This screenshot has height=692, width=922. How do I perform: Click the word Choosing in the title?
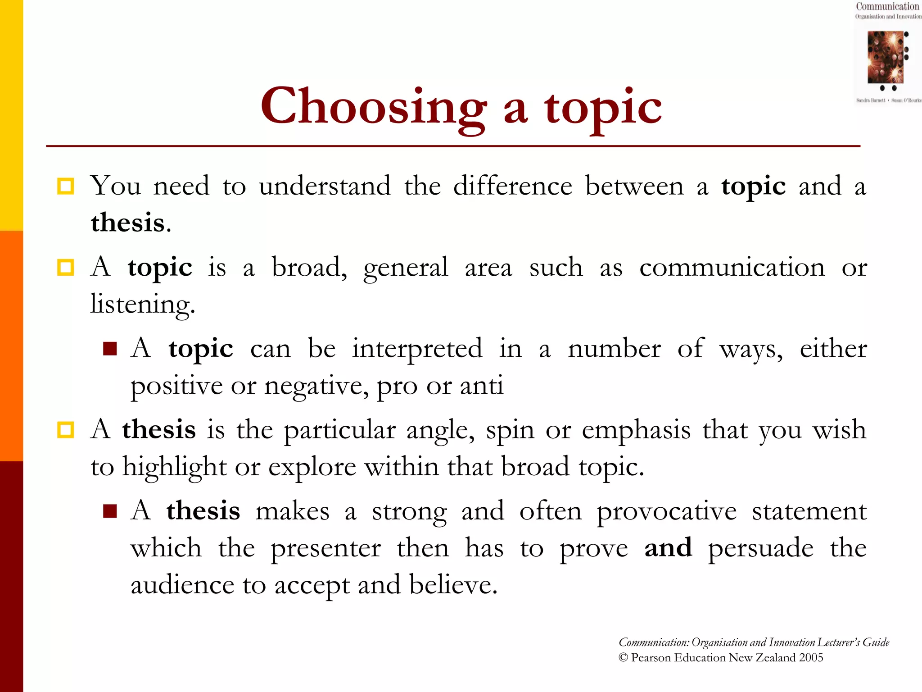(x=374, y=107)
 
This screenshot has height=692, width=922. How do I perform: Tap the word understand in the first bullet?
(x=325, y=186)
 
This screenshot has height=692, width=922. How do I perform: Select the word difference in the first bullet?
(x=512, y=186)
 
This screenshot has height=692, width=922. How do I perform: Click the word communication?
(x=732, y=268)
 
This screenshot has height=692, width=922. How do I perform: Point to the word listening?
(x=142, y=305)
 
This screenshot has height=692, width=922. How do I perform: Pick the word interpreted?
(x=417, y=349)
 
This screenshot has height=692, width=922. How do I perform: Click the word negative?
(x=316, y=386)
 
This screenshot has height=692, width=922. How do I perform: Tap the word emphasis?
(x=636, y=430)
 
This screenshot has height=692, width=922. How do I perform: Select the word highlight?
(x=174, y=467)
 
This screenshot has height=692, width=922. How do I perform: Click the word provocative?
(x=666, y=512)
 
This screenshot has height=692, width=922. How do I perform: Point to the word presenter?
(x=325, y=548)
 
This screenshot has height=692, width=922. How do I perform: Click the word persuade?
(x=760, y=548)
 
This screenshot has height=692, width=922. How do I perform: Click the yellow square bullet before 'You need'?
(x=66, y=186)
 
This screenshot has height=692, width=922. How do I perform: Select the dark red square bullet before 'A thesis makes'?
(x=110, y=511)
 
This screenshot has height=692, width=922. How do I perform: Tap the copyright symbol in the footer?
(x=623, y=658)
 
